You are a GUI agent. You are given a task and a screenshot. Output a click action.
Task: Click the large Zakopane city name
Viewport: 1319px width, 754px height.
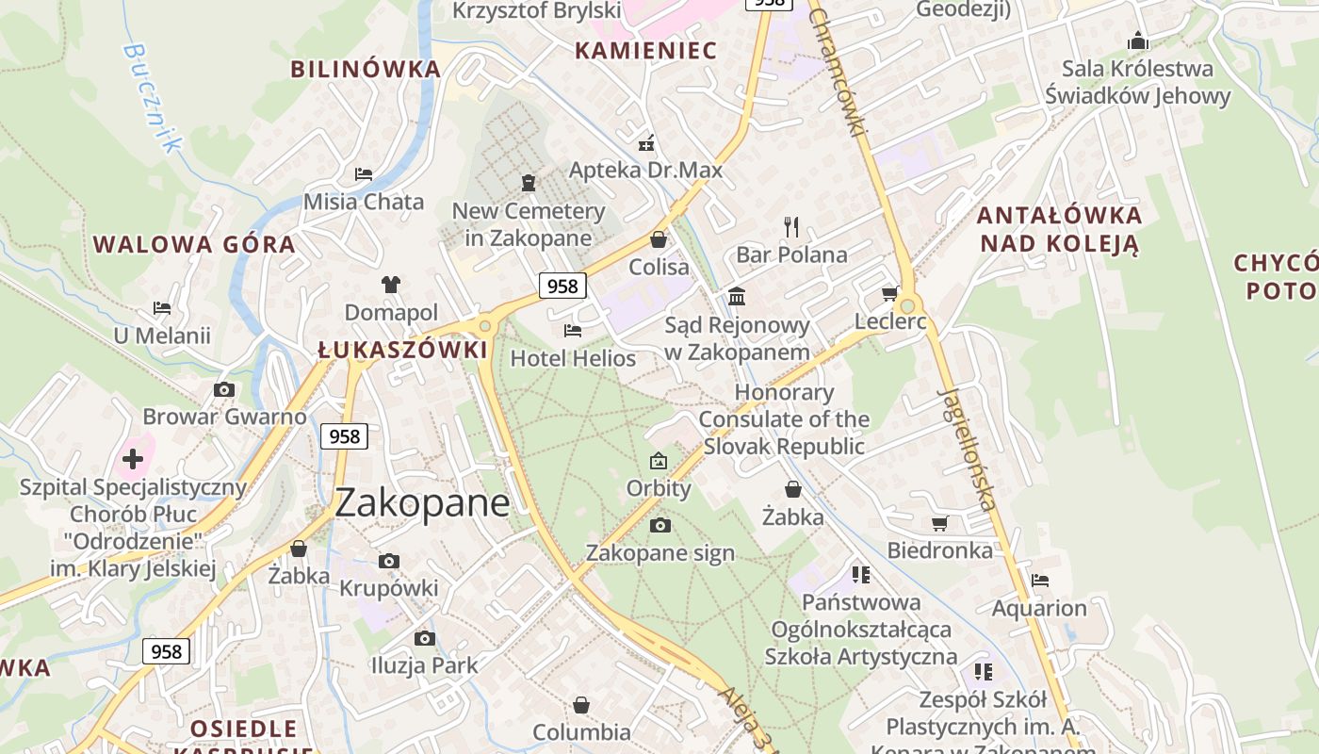tap(422, 503)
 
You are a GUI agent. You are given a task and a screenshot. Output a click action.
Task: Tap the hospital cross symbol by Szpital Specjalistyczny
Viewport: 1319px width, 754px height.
tap(133, 459)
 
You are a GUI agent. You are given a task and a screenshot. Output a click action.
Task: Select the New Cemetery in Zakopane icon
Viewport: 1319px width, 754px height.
tap(528, 182)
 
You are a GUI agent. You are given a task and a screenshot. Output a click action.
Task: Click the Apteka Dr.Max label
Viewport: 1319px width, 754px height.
tap(645, 170)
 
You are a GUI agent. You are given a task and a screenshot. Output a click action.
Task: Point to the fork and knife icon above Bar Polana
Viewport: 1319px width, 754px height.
tap(791, 226)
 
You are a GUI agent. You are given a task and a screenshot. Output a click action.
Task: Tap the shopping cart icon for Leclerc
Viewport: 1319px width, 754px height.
tap(888, 294)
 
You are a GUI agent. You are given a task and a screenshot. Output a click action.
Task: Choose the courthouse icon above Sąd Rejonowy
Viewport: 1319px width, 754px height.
tap(737, 298)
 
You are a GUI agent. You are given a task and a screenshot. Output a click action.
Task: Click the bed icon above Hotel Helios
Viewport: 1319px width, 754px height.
tap(572, 331)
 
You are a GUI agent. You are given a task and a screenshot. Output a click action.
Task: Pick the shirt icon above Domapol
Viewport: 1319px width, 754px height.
tap(391, 284)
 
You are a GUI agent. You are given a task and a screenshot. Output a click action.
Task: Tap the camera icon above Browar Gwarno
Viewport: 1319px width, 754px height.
tap(224, 389)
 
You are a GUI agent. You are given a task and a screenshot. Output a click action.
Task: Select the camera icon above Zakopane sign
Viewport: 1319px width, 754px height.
tap(660, 525)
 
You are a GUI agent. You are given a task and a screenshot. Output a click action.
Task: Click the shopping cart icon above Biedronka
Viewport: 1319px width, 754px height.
tap(939, 523)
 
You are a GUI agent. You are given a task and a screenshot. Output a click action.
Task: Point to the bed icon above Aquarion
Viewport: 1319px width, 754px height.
tap(1040, 580)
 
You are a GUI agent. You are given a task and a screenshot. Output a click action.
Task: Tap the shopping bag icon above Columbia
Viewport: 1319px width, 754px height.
tap(581, 705)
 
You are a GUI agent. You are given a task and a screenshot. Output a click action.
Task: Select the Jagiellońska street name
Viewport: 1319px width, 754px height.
tap(968, 449)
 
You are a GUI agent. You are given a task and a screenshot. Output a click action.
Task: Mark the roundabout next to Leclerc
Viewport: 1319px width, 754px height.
tap(908, 305)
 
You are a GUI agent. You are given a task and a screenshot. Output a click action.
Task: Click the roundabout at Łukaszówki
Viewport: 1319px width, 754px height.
tap(485, 326)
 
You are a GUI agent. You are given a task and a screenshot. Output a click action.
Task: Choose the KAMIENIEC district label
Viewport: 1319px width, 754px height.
tap(645, 51)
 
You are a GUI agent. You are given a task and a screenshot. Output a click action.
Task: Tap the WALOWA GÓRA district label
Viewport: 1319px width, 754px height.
tap(194, 245)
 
